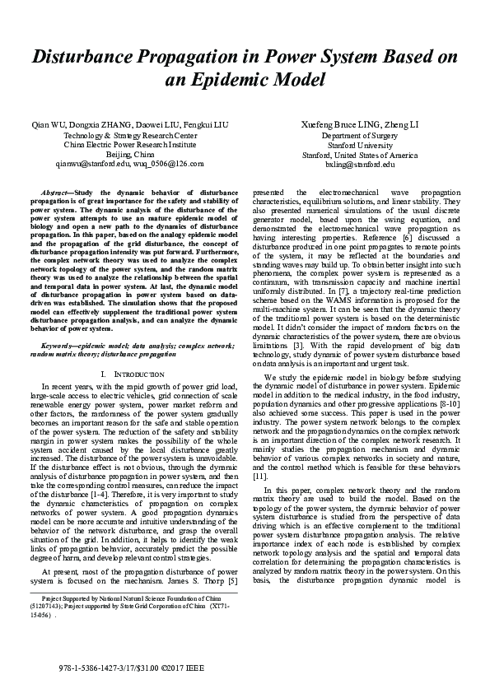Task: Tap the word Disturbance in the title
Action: tap(84, 57)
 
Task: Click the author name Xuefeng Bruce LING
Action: tap(335, 124)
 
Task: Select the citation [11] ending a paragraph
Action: tap(259, 476)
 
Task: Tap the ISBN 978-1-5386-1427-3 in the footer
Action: tap(97, 665)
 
